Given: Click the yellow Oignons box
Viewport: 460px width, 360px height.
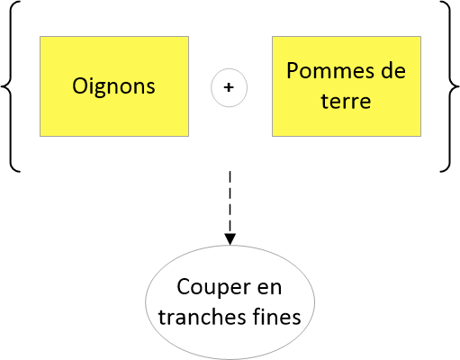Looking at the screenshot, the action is tap(114, 86).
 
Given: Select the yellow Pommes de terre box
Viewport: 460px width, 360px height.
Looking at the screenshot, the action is tap(347, 86).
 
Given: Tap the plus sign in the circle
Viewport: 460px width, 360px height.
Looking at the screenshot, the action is tap(229, 87).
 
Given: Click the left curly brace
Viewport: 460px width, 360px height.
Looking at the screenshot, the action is tap(11, 86).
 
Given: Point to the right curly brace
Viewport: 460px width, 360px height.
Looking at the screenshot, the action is tap(450, 86).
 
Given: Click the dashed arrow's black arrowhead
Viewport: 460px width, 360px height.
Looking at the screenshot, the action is tap(230, 239).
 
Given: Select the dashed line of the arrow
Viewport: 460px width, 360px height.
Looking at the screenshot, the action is tap(230, 202).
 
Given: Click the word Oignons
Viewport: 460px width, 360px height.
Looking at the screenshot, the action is tap(113, 87).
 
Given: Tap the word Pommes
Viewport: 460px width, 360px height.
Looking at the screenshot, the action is tap(329, 71).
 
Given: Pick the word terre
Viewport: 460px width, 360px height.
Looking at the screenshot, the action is tap(346, 101).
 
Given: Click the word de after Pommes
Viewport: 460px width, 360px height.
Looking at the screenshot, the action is tap(393, 70).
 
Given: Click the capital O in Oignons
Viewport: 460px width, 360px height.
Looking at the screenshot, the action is tap(80, 86).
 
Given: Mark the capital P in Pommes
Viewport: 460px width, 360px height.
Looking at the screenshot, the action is tap(293, 71).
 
